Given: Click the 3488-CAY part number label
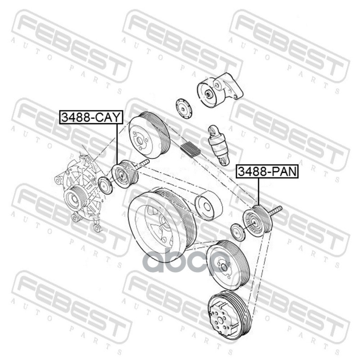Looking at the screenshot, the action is click(x=91, y=117).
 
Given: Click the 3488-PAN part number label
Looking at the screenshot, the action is click(x=267, y=172).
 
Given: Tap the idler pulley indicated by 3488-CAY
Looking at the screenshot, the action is click(x=125, y=174).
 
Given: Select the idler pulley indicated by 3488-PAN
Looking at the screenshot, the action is click(x=258, y=220).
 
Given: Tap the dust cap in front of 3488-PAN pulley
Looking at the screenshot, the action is click(x=238, y=233).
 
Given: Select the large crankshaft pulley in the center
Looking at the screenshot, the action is click(x=162, y=224).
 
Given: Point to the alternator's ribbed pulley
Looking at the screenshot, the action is click(x=76, y=199).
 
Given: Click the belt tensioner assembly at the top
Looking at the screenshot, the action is click(x=220, y=90).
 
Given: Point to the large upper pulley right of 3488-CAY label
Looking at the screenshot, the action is click(x=149, y=135).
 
